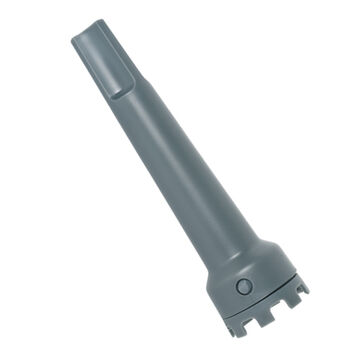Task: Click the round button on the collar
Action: (243, 286)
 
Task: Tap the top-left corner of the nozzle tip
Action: (75, 41)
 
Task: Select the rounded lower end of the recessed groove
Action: (117, 90)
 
